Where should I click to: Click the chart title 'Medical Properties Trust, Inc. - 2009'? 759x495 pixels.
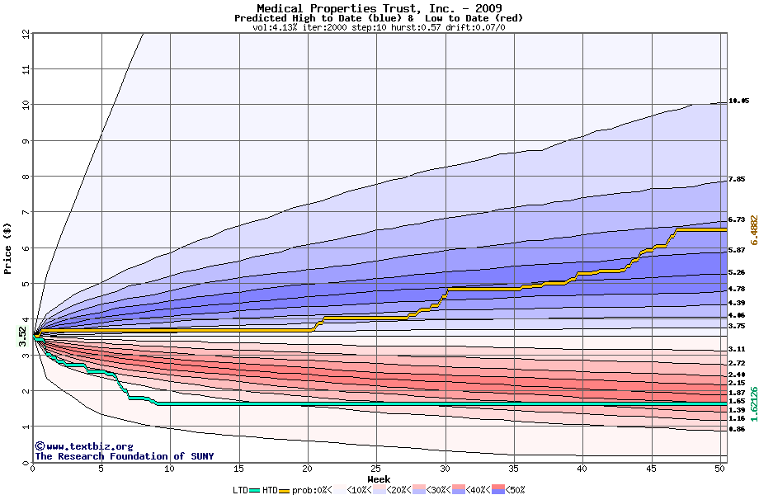click(x=379, y=8)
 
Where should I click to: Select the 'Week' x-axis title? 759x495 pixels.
click(x=379, y=479)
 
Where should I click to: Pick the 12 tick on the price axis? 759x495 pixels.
click(x=26, y=34)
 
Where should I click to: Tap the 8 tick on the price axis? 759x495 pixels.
click(x=26, y=177)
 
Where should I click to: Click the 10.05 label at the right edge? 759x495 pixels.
click(x=739, y=101)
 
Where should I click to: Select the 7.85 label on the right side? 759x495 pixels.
click(x=737, y=179)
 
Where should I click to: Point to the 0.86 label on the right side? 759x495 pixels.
click(x=737, y=429)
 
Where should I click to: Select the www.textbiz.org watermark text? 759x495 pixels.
click(x=83, y=446)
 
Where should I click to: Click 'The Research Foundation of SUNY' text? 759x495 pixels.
click(x=123, y=456)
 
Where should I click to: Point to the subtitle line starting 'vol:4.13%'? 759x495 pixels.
click(x=379, y=27)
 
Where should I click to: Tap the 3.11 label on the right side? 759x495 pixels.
click(x=737, y=350)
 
